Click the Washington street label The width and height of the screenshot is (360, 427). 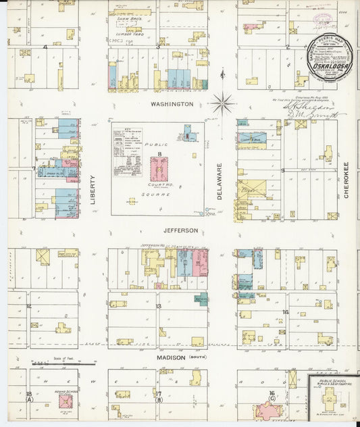(172, 104)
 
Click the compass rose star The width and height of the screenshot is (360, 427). (222, 104)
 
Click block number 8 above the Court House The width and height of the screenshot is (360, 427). (160, 155)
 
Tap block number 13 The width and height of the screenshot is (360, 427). (159, 306)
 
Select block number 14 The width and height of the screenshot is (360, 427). (286, 311)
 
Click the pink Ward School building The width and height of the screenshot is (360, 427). (66, 401)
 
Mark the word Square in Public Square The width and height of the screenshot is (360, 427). (159, 194)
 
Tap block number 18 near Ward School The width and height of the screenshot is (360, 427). (29, 393)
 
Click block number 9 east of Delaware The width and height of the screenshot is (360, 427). (283, 170)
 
